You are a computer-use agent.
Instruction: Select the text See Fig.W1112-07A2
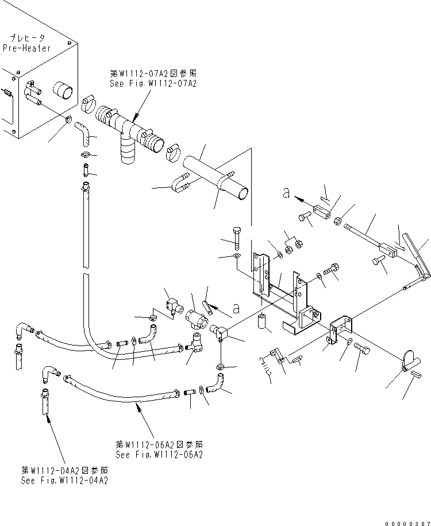point(153,83)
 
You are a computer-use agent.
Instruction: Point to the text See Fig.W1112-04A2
point(63,480)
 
